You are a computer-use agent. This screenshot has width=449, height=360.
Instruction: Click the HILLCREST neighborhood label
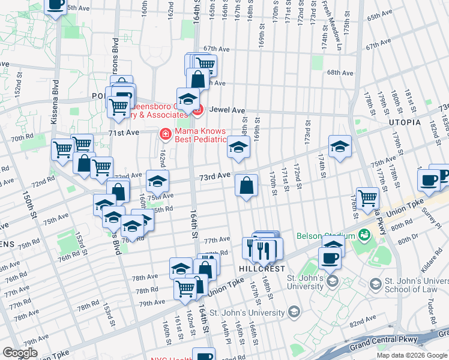pyautogui.click(x=259, y=270)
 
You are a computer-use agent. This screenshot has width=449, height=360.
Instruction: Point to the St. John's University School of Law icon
pyautogui.click(x=375, y=283)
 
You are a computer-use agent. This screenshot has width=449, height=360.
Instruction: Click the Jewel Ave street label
pyautogui.click(x=231, y=110)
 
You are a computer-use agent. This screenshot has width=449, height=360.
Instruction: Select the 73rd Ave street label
pyautogui.click(x=215, y=176)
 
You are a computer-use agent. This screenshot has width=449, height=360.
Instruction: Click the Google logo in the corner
pyautogui.click(x=20, y=352)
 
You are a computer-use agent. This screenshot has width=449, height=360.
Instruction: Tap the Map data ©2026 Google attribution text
pyautogui.click(x=412, y=355)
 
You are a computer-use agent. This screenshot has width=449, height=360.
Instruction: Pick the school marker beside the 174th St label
pyautogui.click(x=340, y=148)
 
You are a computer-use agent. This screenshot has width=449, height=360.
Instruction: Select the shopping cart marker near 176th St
pyautogui.click(x=367, y=198)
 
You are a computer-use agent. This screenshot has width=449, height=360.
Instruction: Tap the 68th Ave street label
pyautogui.click(x=340, y=73)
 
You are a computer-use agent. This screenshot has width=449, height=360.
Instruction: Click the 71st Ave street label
pyautogui.click(x=124, y=132)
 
